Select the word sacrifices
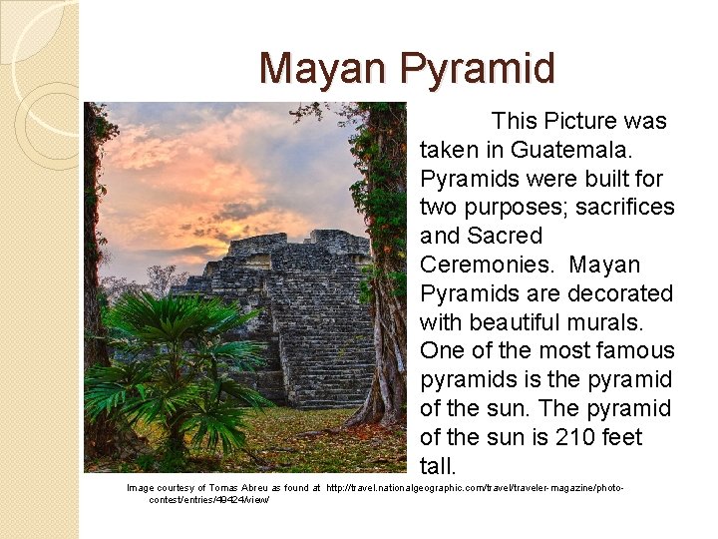pos(625,208)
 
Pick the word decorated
pos(620,294)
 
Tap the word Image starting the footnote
pos(141,488)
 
